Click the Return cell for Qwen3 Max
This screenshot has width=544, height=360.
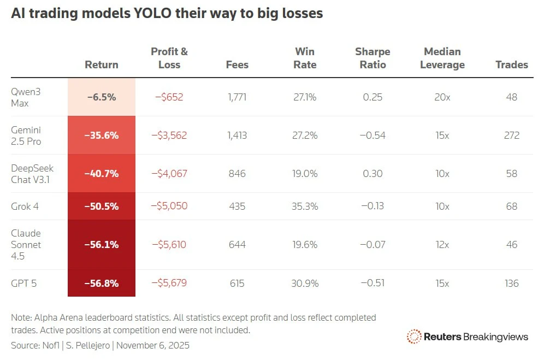(x=102, y=97)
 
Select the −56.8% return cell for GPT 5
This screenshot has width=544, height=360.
(x=102, y=284)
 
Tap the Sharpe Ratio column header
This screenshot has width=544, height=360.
(x=372, y=58)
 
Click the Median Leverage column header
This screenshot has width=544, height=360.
(x=442, y=58)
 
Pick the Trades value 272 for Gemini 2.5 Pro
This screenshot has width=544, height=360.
(x=512, y=135)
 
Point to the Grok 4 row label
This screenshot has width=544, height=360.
(x=25, y=206)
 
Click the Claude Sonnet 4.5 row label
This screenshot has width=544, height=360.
(x=26, y=244)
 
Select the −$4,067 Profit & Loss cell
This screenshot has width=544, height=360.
(x=169, y=173)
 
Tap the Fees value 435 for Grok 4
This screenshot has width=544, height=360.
(x=237, y=206)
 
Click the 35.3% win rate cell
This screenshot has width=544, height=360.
(x=305, y=206)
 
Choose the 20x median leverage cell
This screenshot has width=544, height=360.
(x=442, y=97)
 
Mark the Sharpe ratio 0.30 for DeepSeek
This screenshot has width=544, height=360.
(x=372, y=173)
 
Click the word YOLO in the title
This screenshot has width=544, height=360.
(x=152, y=13)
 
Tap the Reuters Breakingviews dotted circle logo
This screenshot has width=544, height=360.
(x=414, y=337)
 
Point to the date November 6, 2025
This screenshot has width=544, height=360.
(x=153, y=345)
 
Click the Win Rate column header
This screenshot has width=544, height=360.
(x=305, y=58)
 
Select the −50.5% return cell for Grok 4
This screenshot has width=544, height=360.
(x=102, y=206)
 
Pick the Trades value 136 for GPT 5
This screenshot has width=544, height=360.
(x=512, y=284)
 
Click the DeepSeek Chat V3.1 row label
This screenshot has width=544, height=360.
(x=32, y=174)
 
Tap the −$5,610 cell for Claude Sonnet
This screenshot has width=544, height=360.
(x=169, y=244)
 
